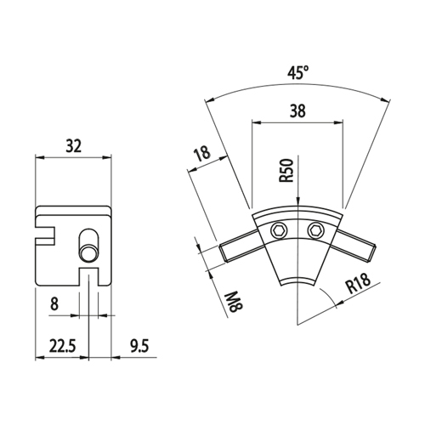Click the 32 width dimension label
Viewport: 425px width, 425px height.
click(x=73, y=146)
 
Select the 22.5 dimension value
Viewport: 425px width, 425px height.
click(x=63, y=346)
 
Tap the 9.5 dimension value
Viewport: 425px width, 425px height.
click(x=139, y=346)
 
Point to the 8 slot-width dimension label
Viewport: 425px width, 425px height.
click(x=54, y=303)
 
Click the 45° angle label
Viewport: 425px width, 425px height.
click(x=298, y=73)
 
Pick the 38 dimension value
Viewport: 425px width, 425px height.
click(x=297, y=110)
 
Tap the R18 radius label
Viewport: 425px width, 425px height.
click(x=359, y=283)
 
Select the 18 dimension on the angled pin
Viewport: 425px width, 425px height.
click(x=202, y=153)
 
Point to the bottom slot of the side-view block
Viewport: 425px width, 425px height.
click(x=89, y=276)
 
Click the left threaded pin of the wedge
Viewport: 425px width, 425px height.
click(x=240, y=246)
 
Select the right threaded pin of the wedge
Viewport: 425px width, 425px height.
click(x=354, y=244)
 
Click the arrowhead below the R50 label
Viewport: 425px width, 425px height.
click(x=297, y=200)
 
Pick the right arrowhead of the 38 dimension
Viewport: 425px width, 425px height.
click(x=338, y=122)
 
